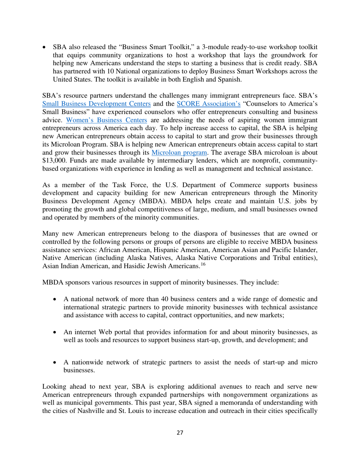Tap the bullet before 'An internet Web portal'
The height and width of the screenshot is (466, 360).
[56, 331]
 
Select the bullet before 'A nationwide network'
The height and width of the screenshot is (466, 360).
[56, 366]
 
